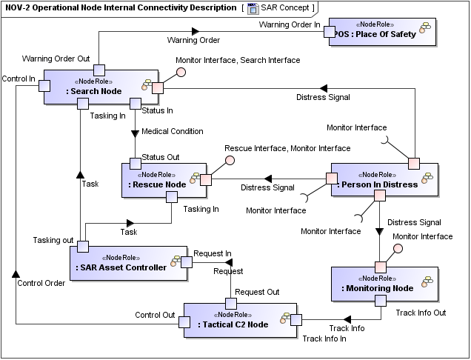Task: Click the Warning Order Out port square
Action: (98, 70)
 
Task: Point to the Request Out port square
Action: (230, 303)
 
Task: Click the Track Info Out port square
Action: (380, 301)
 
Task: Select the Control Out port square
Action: (184, 321)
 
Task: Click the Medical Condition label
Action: (172, 132)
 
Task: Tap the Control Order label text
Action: (41, 282)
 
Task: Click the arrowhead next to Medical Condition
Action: (135, 133)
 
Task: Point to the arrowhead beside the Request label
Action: (230, 262)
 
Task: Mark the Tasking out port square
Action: (83, 246)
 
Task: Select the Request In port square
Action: (187, 261)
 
